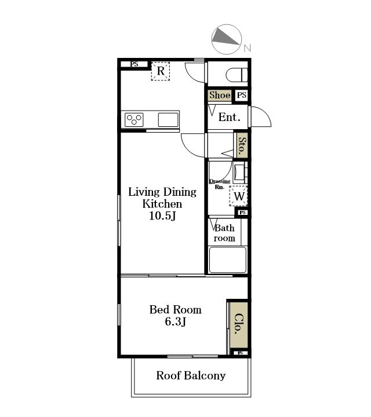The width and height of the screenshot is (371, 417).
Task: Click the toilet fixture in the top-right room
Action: coord(237,75)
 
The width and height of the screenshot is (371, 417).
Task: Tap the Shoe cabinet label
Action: coord(220,95)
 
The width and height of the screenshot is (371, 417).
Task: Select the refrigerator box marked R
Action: coord(161,71)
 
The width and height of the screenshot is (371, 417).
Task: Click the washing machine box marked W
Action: coord(239,196)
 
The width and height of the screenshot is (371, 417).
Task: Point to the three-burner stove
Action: coord(134,120)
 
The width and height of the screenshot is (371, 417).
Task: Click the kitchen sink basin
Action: coord(168,120)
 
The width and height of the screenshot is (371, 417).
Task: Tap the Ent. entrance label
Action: coord(230,117)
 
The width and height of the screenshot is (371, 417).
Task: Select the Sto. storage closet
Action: coord(242,145)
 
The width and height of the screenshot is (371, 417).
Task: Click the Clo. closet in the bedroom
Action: coord(239,324)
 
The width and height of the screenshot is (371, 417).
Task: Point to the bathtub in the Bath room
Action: coord(228,260)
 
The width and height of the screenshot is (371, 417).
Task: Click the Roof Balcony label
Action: coord(191,375)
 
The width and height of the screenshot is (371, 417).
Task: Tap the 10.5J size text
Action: coord(163,215)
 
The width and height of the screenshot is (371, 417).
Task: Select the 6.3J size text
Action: coord(176,321)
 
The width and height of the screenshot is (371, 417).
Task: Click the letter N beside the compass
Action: coord(248,48)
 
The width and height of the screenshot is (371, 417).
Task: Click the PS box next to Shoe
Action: coord(242,95)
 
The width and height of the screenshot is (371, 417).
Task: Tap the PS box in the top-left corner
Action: coord(134,64)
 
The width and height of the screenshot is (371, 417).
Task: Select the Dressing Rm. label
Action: coord(220,184)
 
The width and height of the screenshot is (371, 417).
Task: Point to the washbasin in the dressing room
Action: coord(239,173)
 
